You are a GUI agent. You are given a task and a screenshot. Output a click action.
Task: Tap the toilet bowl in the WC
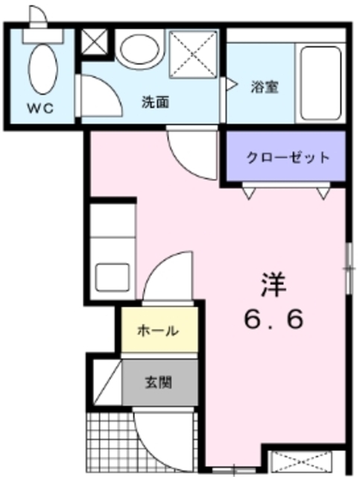(42, 68)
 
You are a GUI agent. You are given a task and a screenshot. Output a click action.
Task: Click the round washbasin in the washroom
(139, 50)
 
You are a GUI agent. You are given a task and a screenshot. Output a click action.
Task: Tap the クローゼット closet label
(288, 157)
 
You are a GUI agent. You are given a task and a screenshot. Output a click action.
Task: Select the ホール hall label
(157, 331)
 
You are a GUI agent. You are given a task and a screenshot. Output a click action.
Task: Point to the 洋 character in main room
(273, 285)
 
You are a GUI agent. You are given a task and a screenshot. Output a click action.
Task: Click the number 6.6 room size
(273, 320)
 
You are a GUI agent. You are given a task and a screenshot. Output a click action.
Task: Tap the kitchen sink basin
(113, 277)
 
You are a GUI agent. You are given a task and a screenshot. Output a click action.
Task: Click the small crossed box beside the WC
(95, 43)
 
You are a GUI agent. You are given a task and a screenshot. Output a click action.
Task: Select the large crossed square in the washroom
(192, 54)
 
